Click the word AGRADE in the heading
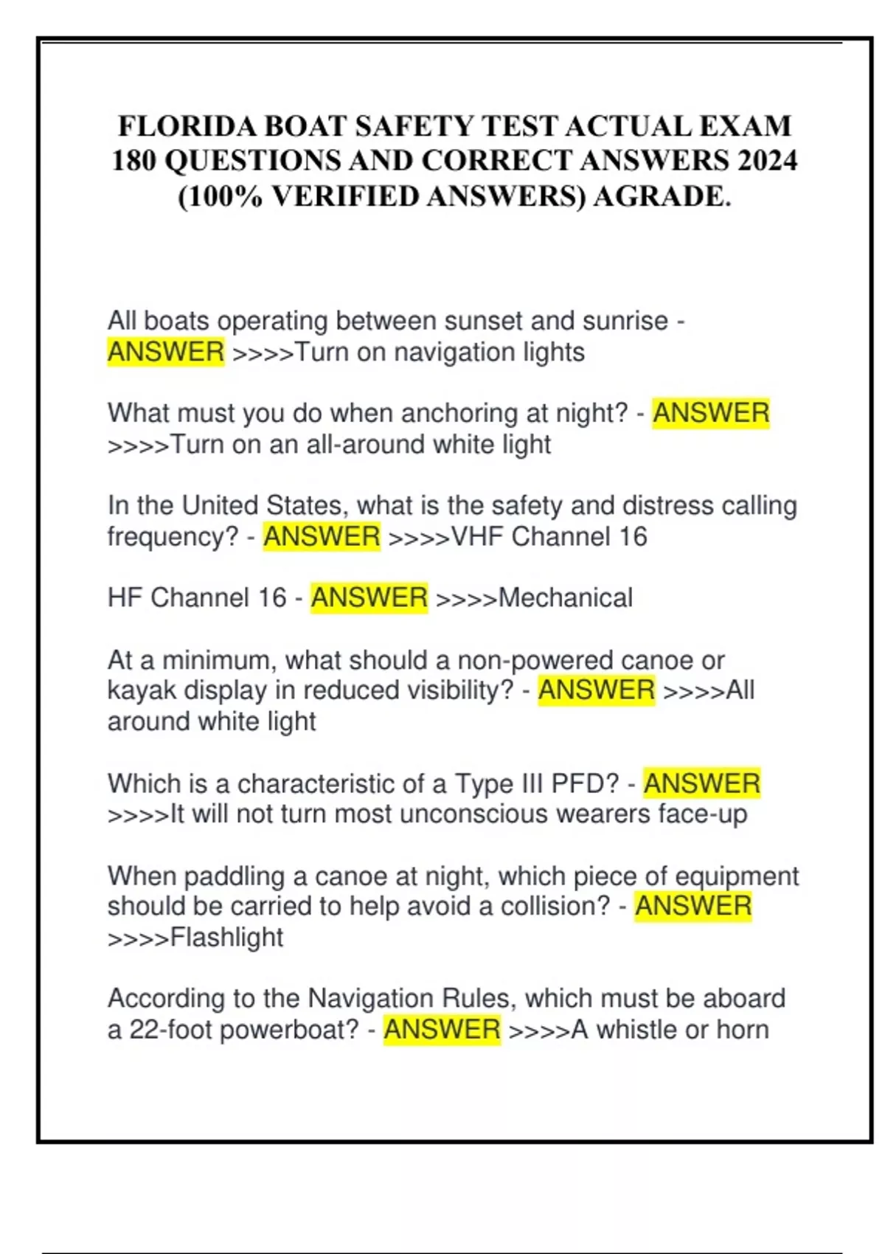click(660, 196)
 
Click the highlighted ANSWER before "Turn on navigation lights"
click(166, 352)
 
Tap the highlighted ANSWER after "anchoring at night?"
click(711, 413)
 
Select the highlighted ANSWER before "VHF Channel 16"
click(322, 536)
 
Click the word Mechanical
click(566, 597)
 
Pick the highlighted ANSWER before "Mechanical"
click(369, 597)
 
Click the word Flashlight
click(226, 937)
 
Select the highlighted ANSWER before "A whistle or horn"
click(442, 1029)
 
